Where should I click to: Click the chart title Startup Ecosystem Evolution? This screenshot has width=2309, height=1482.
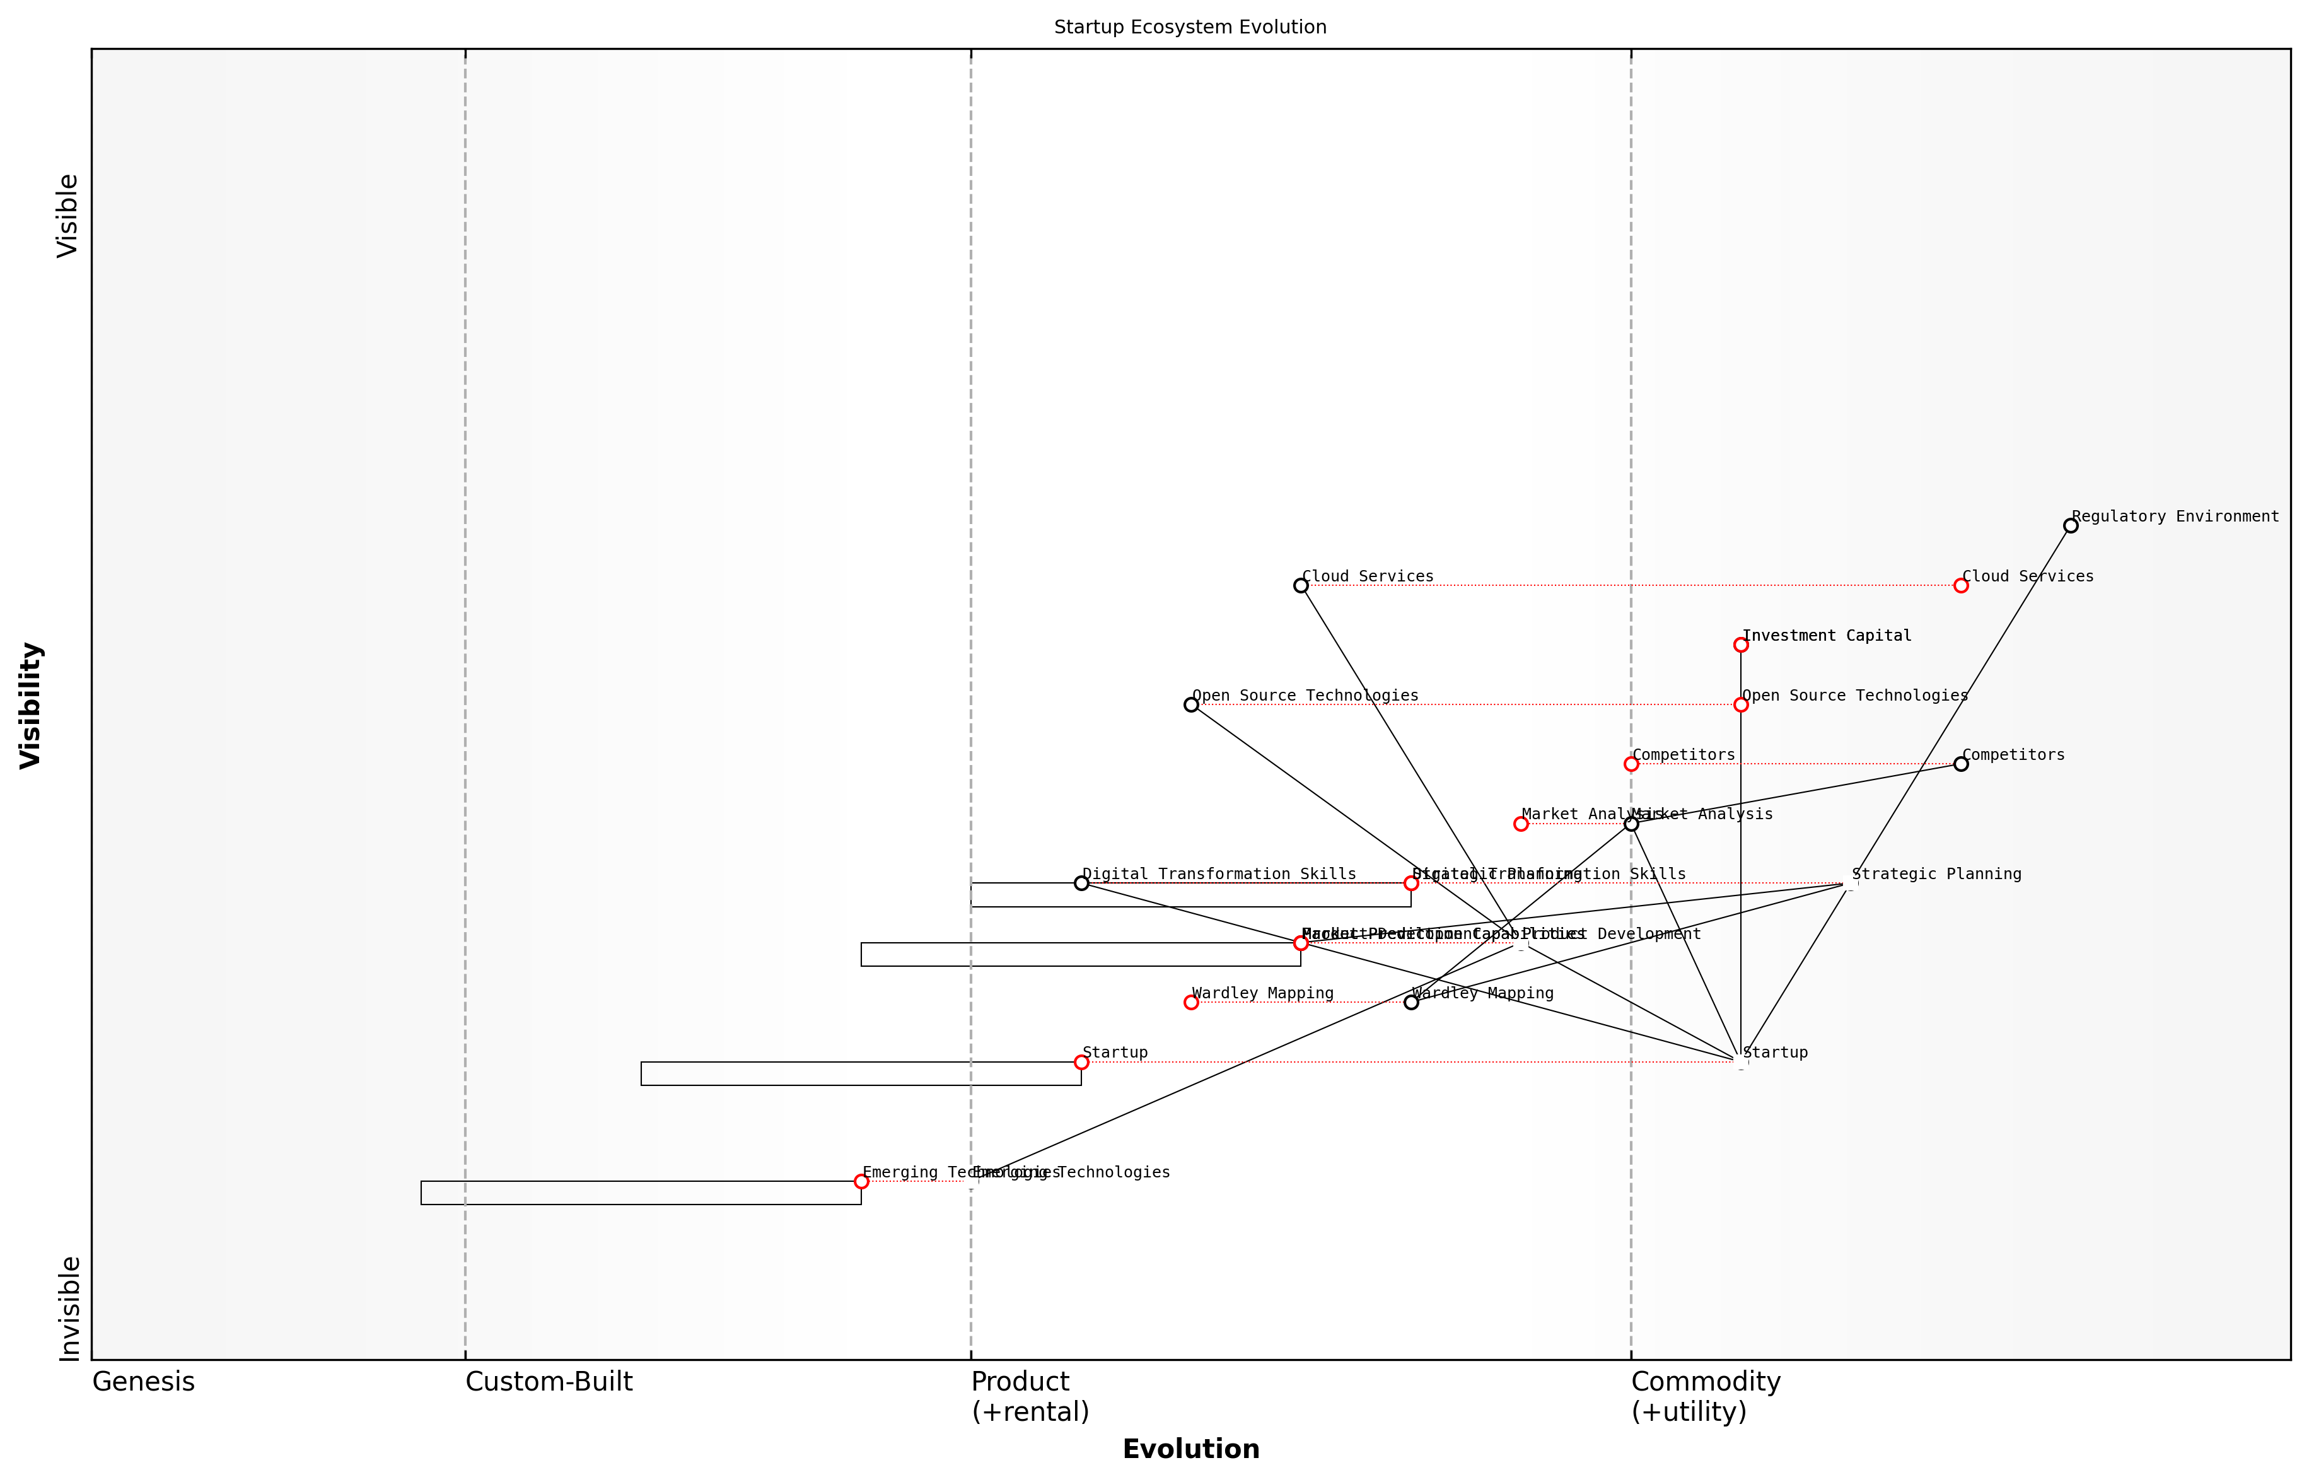[x=1190, y=27]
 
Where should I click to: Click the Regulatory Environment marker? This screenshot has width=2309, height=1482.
[x=2071, y=525]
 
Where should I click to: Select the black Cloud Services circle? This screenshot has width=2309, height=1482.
[x=1301, y=585]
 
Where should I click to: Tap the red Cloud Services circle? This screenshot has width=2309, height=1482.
[x=1961, y=585]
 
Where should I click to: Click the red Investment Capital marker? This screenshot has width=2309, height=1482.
[x=1740, y=645]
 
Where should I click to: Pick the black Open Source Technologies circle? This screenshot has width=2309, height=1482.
[x=1191, y=704]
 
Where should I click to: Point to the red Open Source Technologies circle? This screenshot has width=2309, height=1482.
[x=1740, y=704]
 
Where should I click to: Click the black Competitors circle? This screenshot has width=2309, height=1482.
[x=1961, y=764]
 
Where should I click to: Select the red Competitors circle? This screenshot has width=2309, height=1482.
[x=1631, y=764]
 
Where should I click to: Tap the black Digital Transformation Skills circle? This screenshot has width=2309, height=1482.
[x=1081, y=882]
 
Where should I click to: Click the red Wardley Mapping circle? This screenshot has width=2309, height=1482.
[x=1191, y=1002]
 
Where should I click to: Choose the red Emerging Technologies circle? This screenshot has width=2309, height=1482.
[x=861, y=1181]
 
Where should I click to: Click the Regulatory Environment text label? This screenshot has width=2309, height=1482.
[x=2175, y=516]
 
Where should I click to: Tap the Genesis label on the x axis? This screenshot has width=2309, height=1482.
[x=143, y=1382]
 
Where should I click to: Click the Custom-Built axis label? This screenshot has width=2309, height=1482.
[x=549, y=1382]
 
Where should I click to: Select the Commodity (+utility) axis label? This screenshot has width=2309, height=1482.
[x=1705, y=1396]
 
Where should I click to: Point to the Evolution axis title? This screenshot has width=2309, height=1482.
[x=1190, y=1449]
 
